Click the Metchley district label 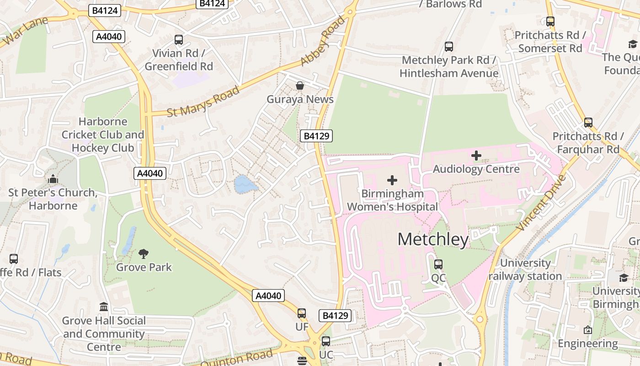pyautogui.click(x=433, y=239)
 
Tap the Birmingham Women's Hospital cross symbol pyautogui.click(x=392, y=180)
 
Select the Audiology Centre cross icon pyautogui.click(x=476, y=156)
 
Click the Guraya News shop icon pyautogui.click(x=300, y=86)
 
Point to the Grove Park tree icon pyautogui.click(x=144, y=253)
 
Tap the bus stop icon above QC pyautogui.click(x=438, y=264)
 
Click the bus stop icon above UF pyautogui.click(x=302, y=313)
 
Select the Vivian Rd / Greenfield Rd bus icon pyautogui.click(x=179, y=40)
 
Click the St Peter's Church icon pyautogui.click(x=53, y=179)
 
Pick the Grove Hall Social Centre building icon pyautogui.click(x=104, y=307)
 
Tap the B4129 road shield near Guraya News pyautogui.click(x=316, y=136)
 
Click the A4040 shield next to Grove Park pyautogui.click(x=268, y=296)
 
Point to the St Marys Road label pyautogui.click(x=203, y=101)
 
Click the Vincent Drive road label pyautogui.click(x=541, y=202)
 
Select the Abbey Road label pyautogui.click(x=323, y=41)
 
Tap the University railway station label pyautogui.click(x=525, y=269)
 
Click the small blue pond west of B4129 pyautogui.click(x=245, y=184)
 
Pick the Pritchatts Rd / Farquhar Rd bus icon pyautogui.click(x=588, y=123)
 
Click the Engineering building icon pyautogui.click(x=588, y=330)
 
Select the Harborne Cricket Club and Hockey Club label pyautogui.click(x=103, y=135)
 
